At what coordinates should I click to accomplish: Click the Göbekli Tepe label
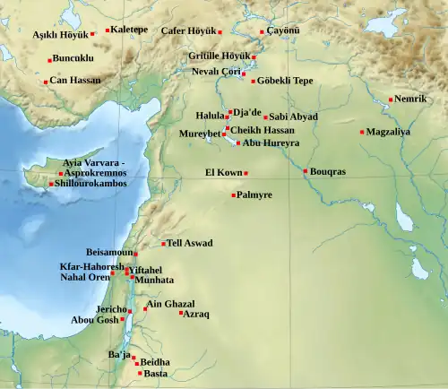coord(285,81)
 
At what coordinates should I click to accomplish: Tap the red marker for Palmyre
coord(234,194)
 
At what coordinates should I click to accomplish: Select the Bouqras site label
coord(329,171)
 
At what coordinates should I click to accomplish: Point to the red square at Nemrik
coord(391,99)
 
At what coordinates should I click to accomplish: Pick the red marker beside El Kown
coord(246,173)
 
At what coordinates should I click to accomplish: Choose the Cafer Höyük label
coord(188,30)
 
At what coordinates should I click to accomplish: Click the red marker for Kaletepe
coord(108,30)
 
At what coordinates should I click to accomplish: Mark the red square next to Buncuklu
coord(49,60)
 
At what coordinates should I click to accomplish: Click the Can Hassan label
coord(75,81)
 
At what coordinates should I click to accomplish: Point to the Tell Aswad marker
coord(163,244)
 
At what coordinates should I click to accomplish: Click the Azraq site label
coord(197,314)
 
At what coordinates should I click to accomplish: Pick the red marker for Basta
coord(140,373)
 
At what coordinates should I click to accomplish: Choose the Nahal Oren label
coord(84,277)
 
